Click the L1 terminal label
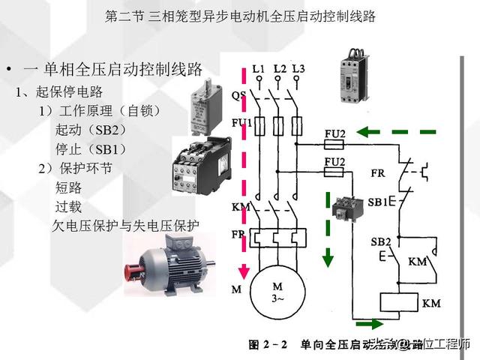[x=259, y=70]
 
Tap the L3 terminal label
[x=298, y=70]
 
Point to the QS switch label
[x=238, y=95]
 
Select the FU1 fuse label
[x=241, y=122]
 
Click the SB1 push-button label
[x=379, y=202]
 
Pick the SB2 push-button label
[x=380, y=241]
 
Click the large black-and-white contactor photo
[x=194, y=166]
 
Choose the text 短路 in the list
[x=68, y=187]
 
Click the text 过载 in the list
[x=68, y=205]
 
